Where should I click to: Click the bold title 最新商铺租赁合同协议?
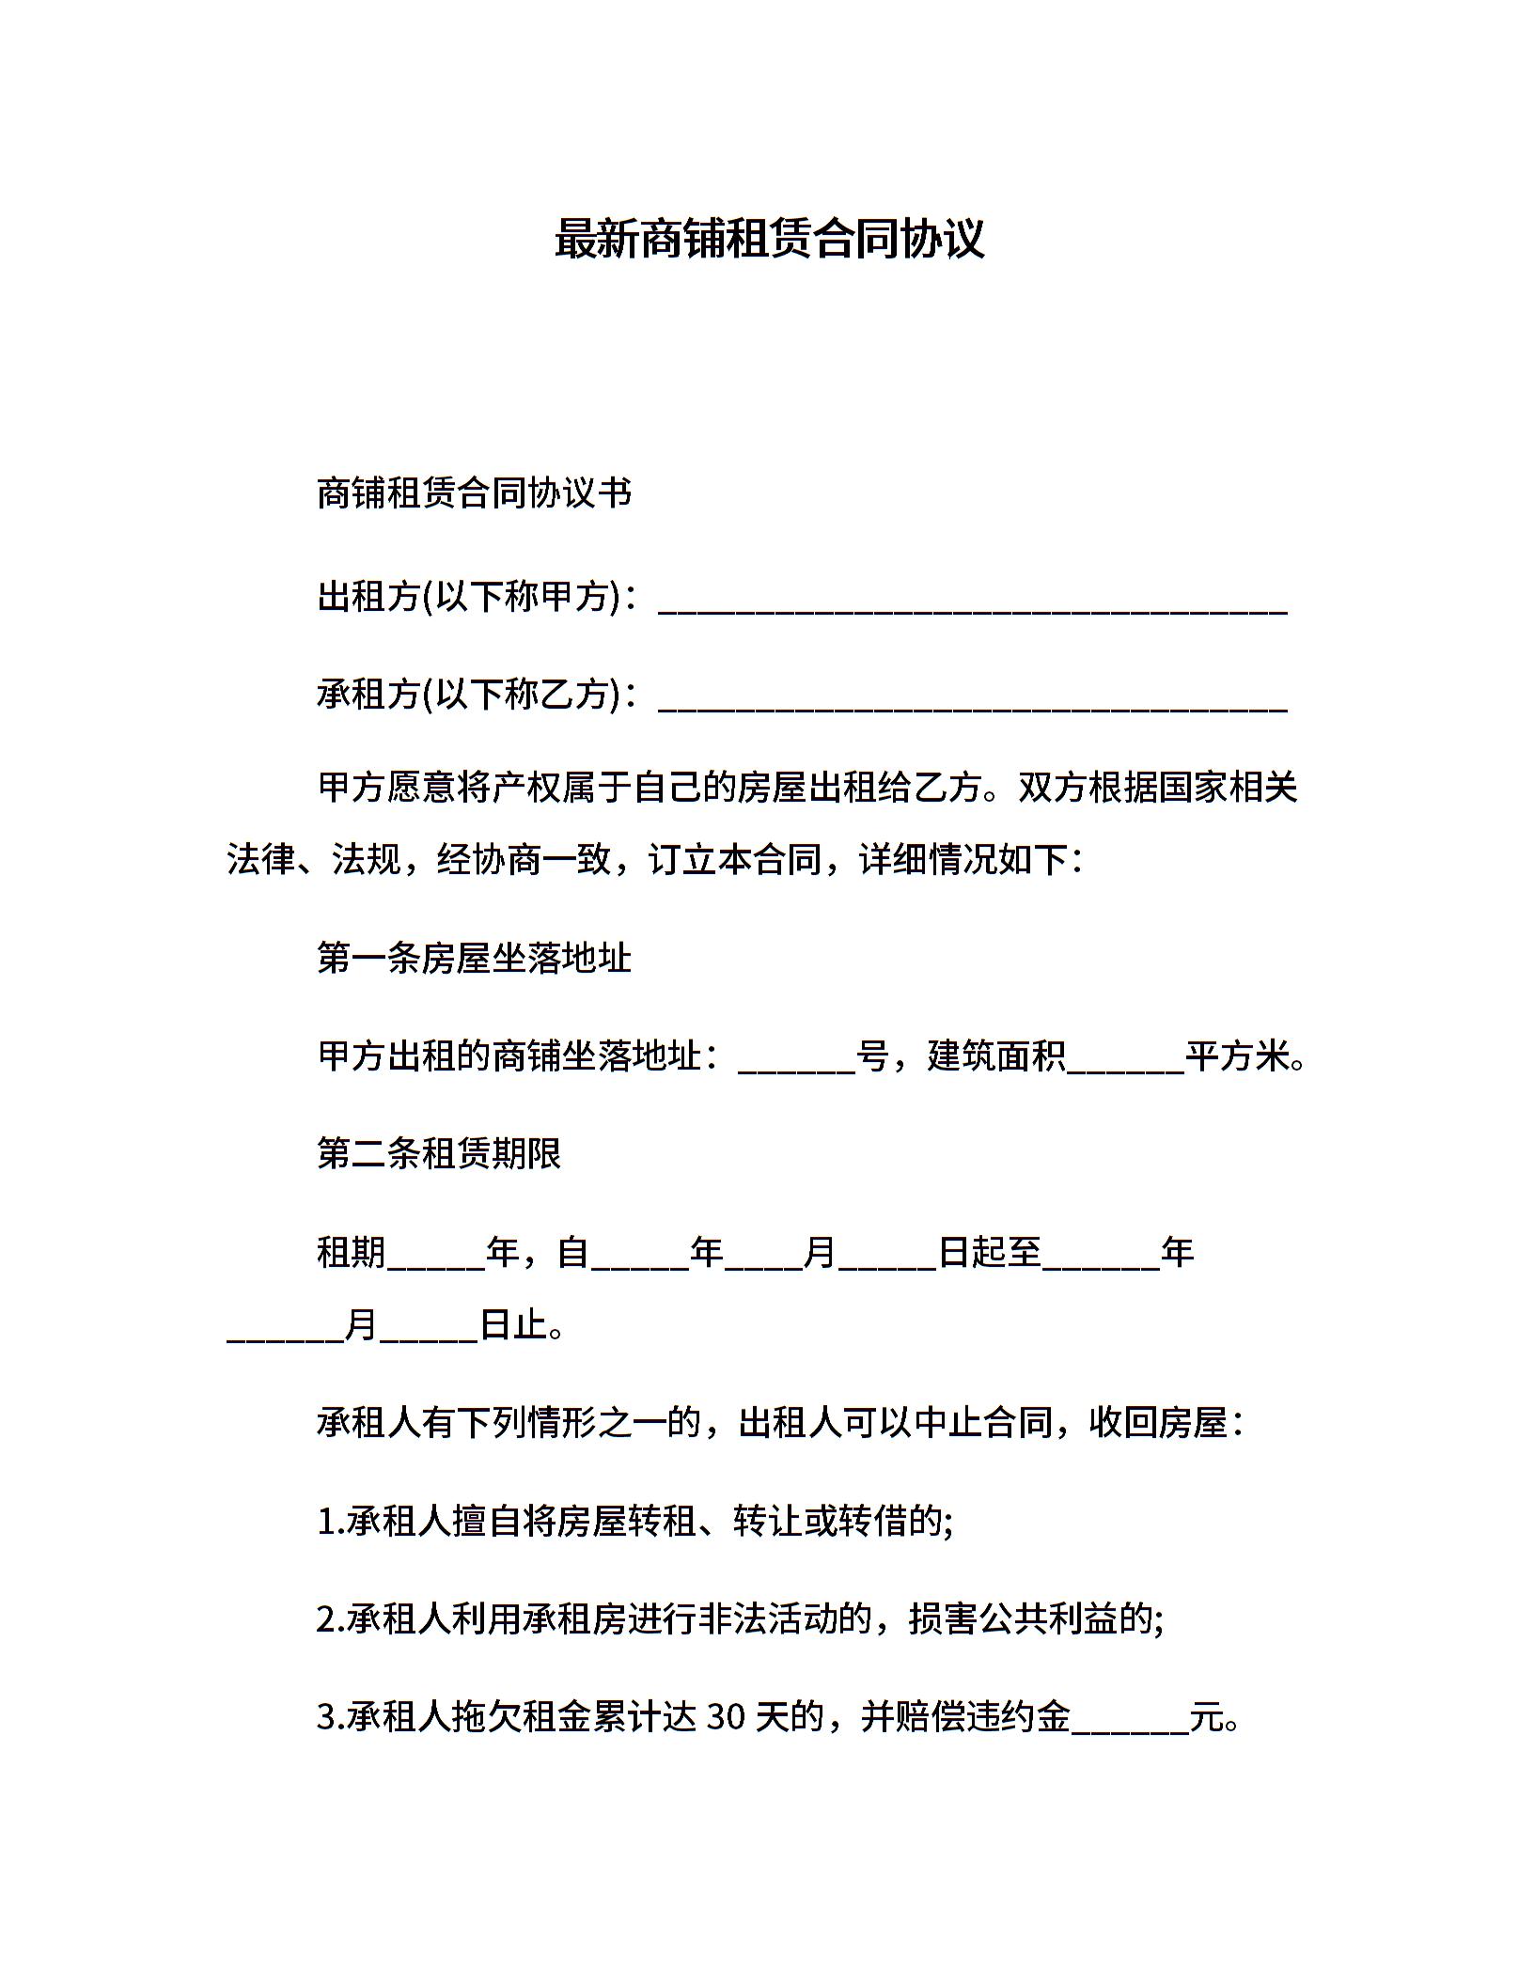click(769, 239)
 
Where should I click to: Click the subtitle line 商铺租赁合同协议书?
click(474, 493)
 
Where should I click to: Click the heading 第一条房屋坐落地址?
click(474, 958)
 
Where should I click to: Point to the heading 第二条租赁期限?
click(439, 1153)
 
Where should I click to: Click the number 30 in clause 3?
click(726, 1717)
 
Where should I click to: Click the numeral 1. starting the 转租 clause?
click(331, 1522)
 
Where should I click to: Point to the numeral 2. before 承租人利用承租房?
click(331, 1619)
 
